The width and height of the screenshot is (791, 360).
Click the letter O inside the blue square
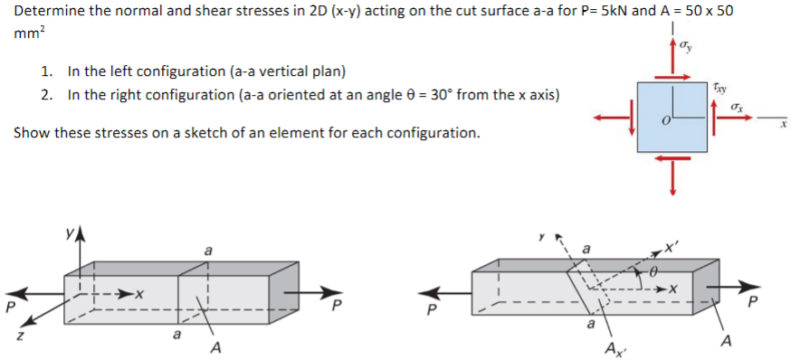(664, 121)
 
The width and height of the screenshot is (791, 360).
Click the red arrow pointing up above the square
(672, 59)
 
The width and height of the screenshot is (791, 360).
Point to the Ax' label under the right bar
(613, 349)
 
